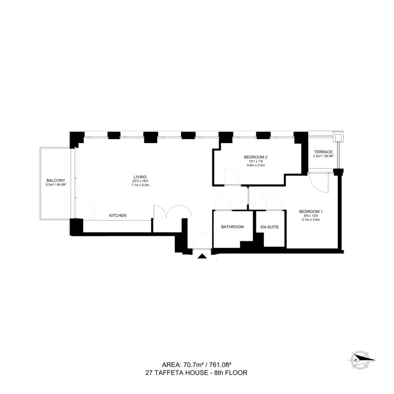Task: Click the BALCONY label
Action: coord(56,180)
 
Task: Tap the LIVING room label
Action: coord(140,177)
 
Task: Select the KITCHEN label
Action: coord(118,215)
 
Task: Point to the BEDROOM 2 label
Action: coord(255,157)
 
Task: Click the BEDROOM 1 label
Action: coord(311,212)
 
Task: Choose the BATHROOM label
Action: coord(232,227)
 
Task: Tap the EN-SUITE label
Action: coord(270,227)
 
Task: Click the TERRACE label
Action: coord(323,152)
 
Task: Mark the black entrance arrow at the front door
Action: coord(202,256)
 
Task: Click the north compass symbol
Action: coord(361,360)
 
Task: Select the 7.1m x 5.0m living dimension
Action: coord(140,185)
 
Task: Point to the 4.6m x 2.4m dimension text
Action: coord(256,165)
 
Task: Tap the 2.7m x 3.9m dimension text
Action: coord(311,220)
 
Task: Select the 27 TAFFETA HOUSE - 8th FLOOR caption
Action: coord(196,372)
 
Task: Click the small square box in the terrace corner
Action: coord(338,137)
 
